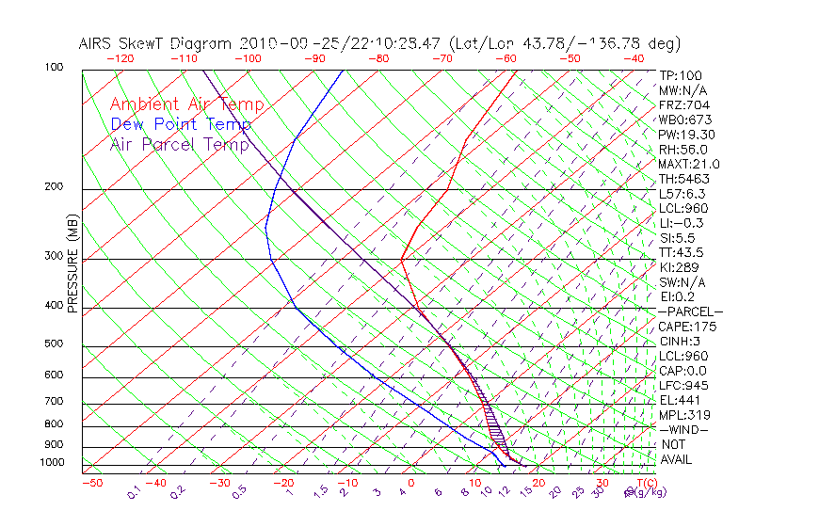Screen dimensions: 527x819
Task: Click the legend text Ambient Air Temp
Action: pyautogui.click(x=186, y=104)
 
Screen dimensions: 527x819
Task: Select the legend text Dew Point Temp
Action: pyautogui.click(x=181, y=124)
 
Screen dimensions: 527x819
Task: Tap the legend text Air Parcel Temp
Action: pyautogui.click(x=179, y=144)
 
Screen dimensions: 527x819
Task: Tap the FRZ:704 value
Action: pyautogui.click(x=681, y=105)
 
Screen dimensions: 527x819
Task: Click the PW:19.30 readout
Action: pyautogui.click(x=684, y=135)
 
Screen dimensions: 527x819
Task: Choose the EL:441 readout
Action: pyautogui.click(x=679, y=400)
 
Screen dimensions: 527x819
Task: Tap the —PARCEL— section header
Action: pyautogui.click(x=690, y=311)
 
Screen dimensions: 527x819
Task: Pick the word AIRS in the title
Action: pyautogui.click(x=98, y=43)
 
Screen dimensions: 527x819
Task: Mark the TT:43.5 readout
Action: pyautogui.click(x=682, y=252)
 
